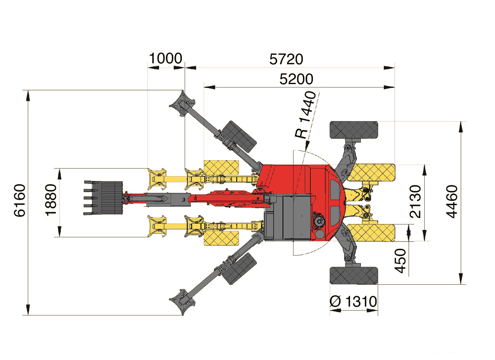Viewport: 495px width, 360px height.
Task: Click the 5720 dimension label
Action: click(x=286, y=59)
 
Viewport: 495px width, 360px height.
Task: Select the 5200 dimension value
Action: click(x=296, y=79)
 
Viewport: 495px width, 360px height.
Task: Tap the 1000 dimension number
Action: click(x=165, y=59)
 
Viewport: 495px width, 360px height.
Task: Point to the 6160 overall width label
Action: click(x=20, y=200)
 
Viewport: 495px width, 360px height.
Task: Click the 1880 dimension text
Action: click(x=51, y=200)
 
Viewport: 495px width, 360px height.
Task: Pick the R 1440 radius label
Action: click(x=305, y=115)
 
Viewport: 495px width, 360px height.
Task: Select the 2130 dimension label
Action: click(x=415, y=202)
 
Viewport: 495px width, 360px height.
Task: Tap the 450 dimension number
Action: click(x=400, y=261)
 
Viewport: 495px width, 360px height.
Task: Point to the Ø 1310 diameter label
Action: click(x=353, y=302)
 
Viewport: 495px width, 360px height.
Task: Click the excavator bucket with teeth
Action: click(x=103, y=198)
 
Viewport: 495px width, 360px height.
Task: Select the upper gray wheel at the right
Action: click(x=353, y=130)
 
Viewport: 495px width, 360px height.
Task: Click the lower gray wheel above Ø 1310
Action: click(x=353, y=276)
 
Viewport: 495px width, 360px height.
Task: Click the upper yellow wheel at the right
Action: click(x=371, y=173)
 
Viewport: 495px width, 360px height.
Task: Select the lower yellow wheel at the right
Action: click(x=371, y=232)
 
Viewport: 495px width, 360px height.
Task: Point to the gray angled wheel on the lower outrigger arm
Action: click(x=239, y=268)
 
